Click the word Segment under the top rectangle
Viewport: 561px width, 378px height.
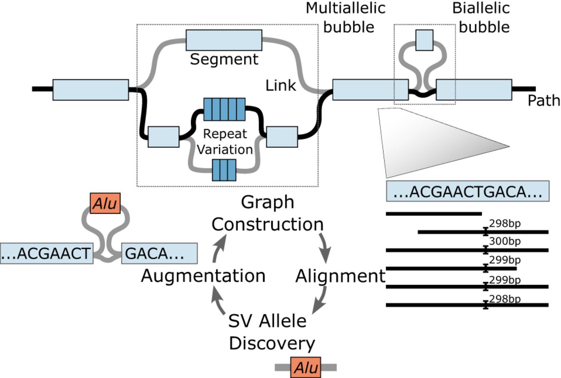pyautogui.click(x=224, y=59)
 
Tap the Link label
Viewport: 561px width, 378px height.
pyautogui.click(x=281, y=86)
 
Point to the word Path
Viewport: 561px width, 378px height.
pyautogui.click(x=543, y=101)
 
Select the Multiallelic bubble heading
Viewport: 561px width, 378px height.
pyautogui.click(x=340, y=18)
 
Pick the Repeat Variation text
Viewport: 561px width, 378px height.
pyautogui.click(x=224, y=141)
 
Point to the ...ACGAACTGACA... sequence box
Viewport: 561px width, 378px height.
pyautogui.click(x=467, y=192)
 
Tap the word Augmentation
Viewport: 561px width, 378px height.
pyautogui.click(x=203, y=276)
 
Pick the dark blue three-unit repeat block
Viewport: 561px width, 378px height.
pyautogui.click(x=224, y=170)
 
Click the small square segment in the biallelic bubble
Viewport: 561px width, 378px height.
pyautogui.click(x=424, y=40)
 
